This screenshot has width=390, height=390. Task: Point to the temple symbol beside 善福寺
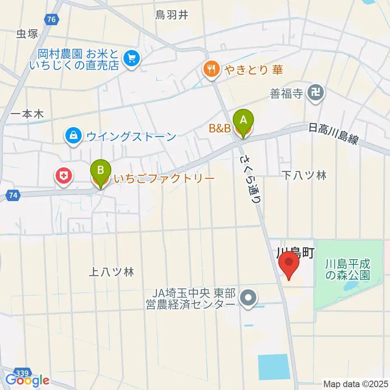[316, 93]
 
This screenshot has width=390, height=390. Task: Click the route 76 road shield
[51, 19]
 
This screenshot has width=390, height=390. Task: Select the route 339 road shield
[23, 373]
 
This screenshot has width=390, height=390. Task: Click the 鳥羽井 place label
[172, 15]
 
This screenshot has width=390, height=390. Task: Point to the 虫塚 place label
[27, 34]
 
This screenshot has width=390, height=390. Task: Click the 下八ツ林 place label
[305, 175]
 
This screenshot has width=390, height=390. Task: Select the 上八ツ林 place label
[111, 273]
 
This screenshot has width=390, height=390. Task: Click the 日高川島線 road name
[333, 134]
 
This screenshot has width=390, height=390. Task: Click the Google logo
[27, 381]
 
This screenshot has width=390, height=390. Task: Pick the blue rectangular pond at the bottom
[274, 366]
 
